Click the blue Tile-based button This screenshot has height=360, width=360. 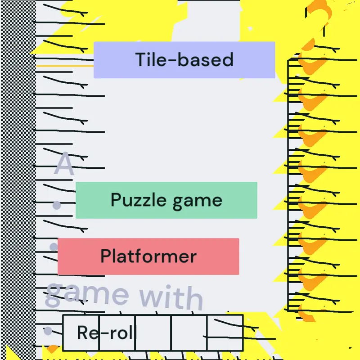[x=184, y=60]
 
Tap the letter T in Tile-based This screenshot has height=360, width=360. [x=140, y=59]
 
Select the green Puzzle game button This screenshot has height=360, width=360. [x=166, y=200]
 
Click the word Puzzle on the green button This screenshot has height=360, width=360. [x=139, y=200]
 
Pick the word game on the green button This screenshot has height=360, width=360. [x=198, y=202]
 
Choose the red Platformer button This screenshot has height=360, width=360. [x=148, y=256]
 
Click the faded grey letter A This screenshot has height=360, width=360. [x=64, y=164]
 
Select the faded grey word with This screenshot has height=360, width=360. [x=171, y=297]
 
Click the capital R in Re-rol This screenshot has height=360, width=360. [x=83, y=332]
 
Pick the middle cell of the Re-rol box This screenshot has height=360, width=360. [x=153, y=333]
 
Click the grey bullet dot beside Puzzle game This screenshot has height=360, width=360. [x=57, y=205]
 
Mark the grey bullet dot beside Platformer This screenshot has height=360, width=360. [x=54, y=247]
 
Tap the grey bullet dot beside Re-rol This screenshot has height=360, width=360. [x=48, y=331]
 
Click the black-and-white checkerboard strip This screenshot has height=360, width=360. [x=18, y=180]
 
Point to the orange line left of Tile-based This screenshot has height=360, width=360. [x=65, y=66]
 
